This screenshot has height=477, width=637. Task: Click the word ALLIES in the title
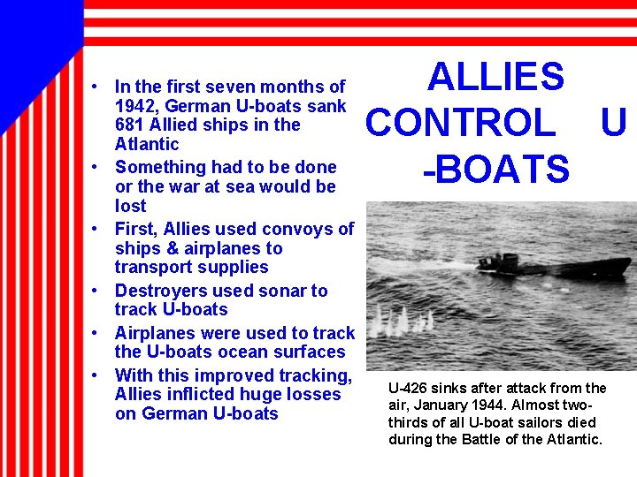click(x=495, y=78)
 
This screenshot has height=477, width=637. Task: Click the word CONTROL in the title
click(x=460, y=124)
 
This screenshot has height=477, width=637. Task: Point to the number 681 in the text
click(x=130, y=125)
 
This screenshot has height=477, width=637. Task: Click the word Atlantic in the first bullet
click(x=147, y=144)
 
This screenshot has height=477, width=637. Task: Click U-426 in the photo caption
click(x=408, y=388)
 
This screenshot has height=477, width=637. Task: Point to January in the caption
click(x=438, y=405)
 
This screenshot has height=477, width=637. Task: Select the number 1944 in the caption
click(x=487, y=405)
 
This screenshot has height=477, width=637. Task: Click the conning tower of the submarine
click(x=509, y=261)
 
